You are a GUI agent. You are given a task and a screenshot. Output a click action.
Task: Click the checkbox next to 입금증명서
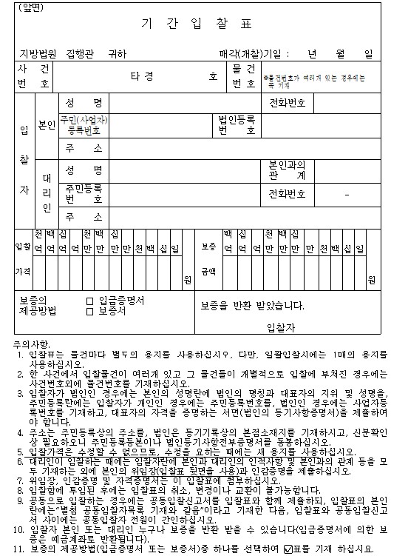click(x=89, y=301)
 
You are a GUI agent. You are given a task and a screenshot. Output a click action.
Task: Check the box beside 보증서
click(x=89, y=311)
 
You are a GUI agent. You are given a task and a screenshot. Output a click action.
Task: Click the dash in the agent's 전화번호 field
click(x=347, y=194)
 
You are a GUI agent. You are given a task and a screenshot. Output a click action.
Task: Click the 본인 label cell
click(x=46, y=124)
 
